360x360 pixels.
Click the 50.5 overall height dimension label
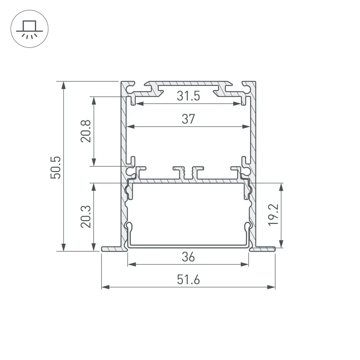(57, 167)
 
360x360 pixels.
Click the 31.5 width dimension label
(188, 96)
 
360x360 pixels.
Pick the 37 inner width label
(188, 119)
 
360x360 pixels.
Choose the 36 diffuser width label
(188, 257)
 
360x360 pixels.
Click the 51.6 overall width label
(188, 280)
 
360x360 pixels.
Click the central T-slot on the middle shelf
(188, 172)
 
